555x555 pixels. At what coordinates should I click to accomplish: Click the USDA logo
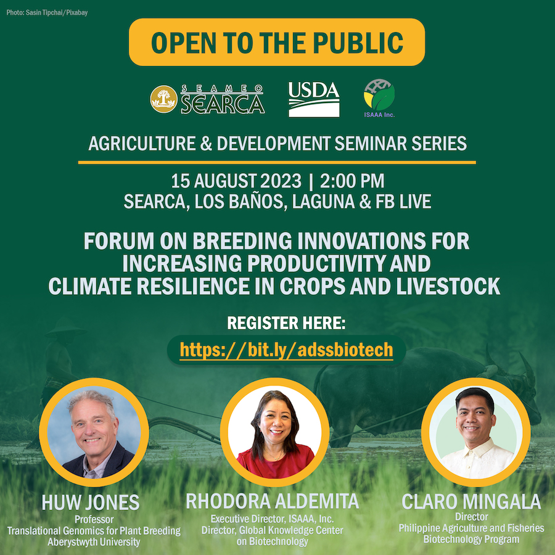coord(314,99)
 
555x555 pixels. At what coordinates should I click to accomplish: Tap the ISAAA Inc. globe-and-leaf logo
coord(379,98)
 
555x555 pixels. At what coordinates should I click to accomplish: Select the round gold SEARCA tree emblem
coord(163,99)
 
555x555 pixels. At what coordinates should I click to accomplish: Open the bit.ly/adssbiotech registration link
coord(286,350)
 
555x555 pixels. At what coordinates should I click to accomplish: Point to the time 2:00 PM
coord(352,181)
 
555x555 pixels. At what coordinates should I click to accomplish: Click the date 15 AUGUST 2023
coord(236,181)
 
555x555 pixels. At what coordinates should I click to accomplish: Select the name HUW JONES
coord(91,502)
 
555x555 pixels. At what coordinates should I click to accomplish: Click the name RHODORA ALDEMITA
coord(272,501)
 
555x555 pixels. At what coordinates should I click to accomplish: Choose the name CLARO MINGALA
coord(471,501)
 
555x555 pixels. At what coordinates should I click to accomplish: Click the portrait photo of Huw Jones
coord(94,432)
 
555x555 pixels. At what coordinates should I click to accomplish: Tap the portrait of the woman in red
coord(274,432)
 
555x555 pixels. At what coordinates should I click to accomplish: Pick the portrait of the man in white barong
coord(475,432)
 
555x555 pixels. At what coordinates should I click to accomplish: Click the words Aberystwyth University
coord(94,542)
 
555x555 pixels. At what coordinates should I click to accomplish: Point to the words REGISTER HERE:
coord(286,323)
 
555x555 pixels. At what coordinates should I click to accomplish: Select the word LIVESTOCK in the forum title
coord(448,286)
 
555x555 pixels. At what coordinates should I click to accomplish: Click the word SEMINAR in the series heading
coord(371,143)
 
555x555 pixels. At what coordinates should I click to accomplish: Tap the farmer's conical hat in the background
coord(65,327)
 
